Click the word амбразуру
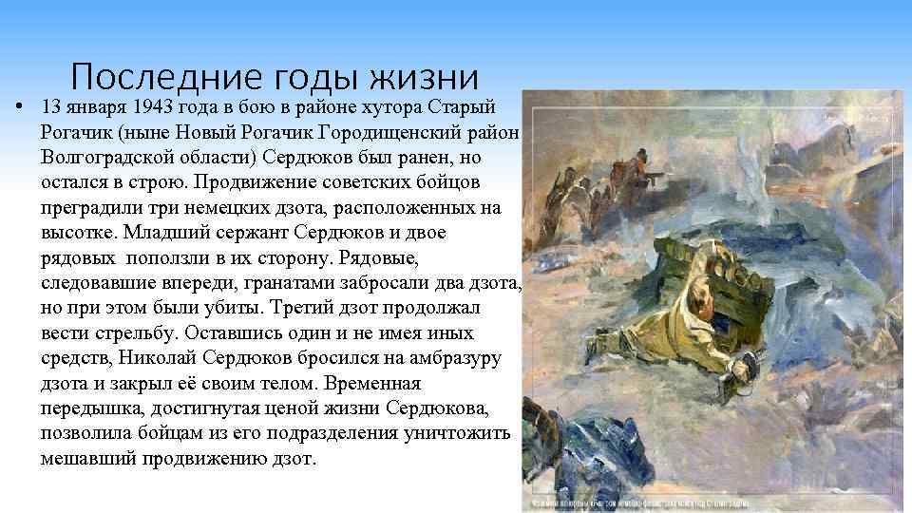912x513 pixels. pos(451,358)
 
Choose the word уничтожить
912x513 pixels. pos(461,434)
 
